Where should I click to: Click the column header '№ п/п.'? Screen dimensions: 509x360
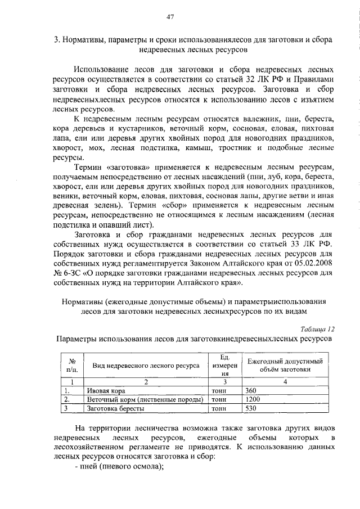(x=72, y=366)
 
